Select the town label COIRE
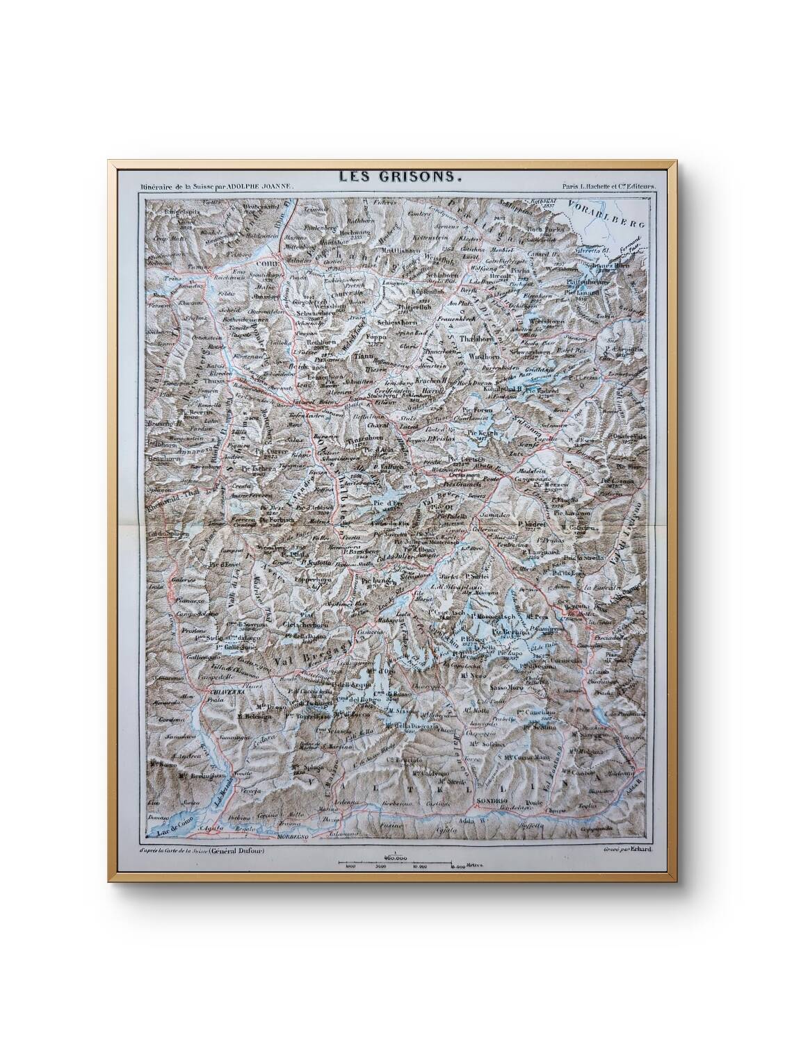coord(267,265)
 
